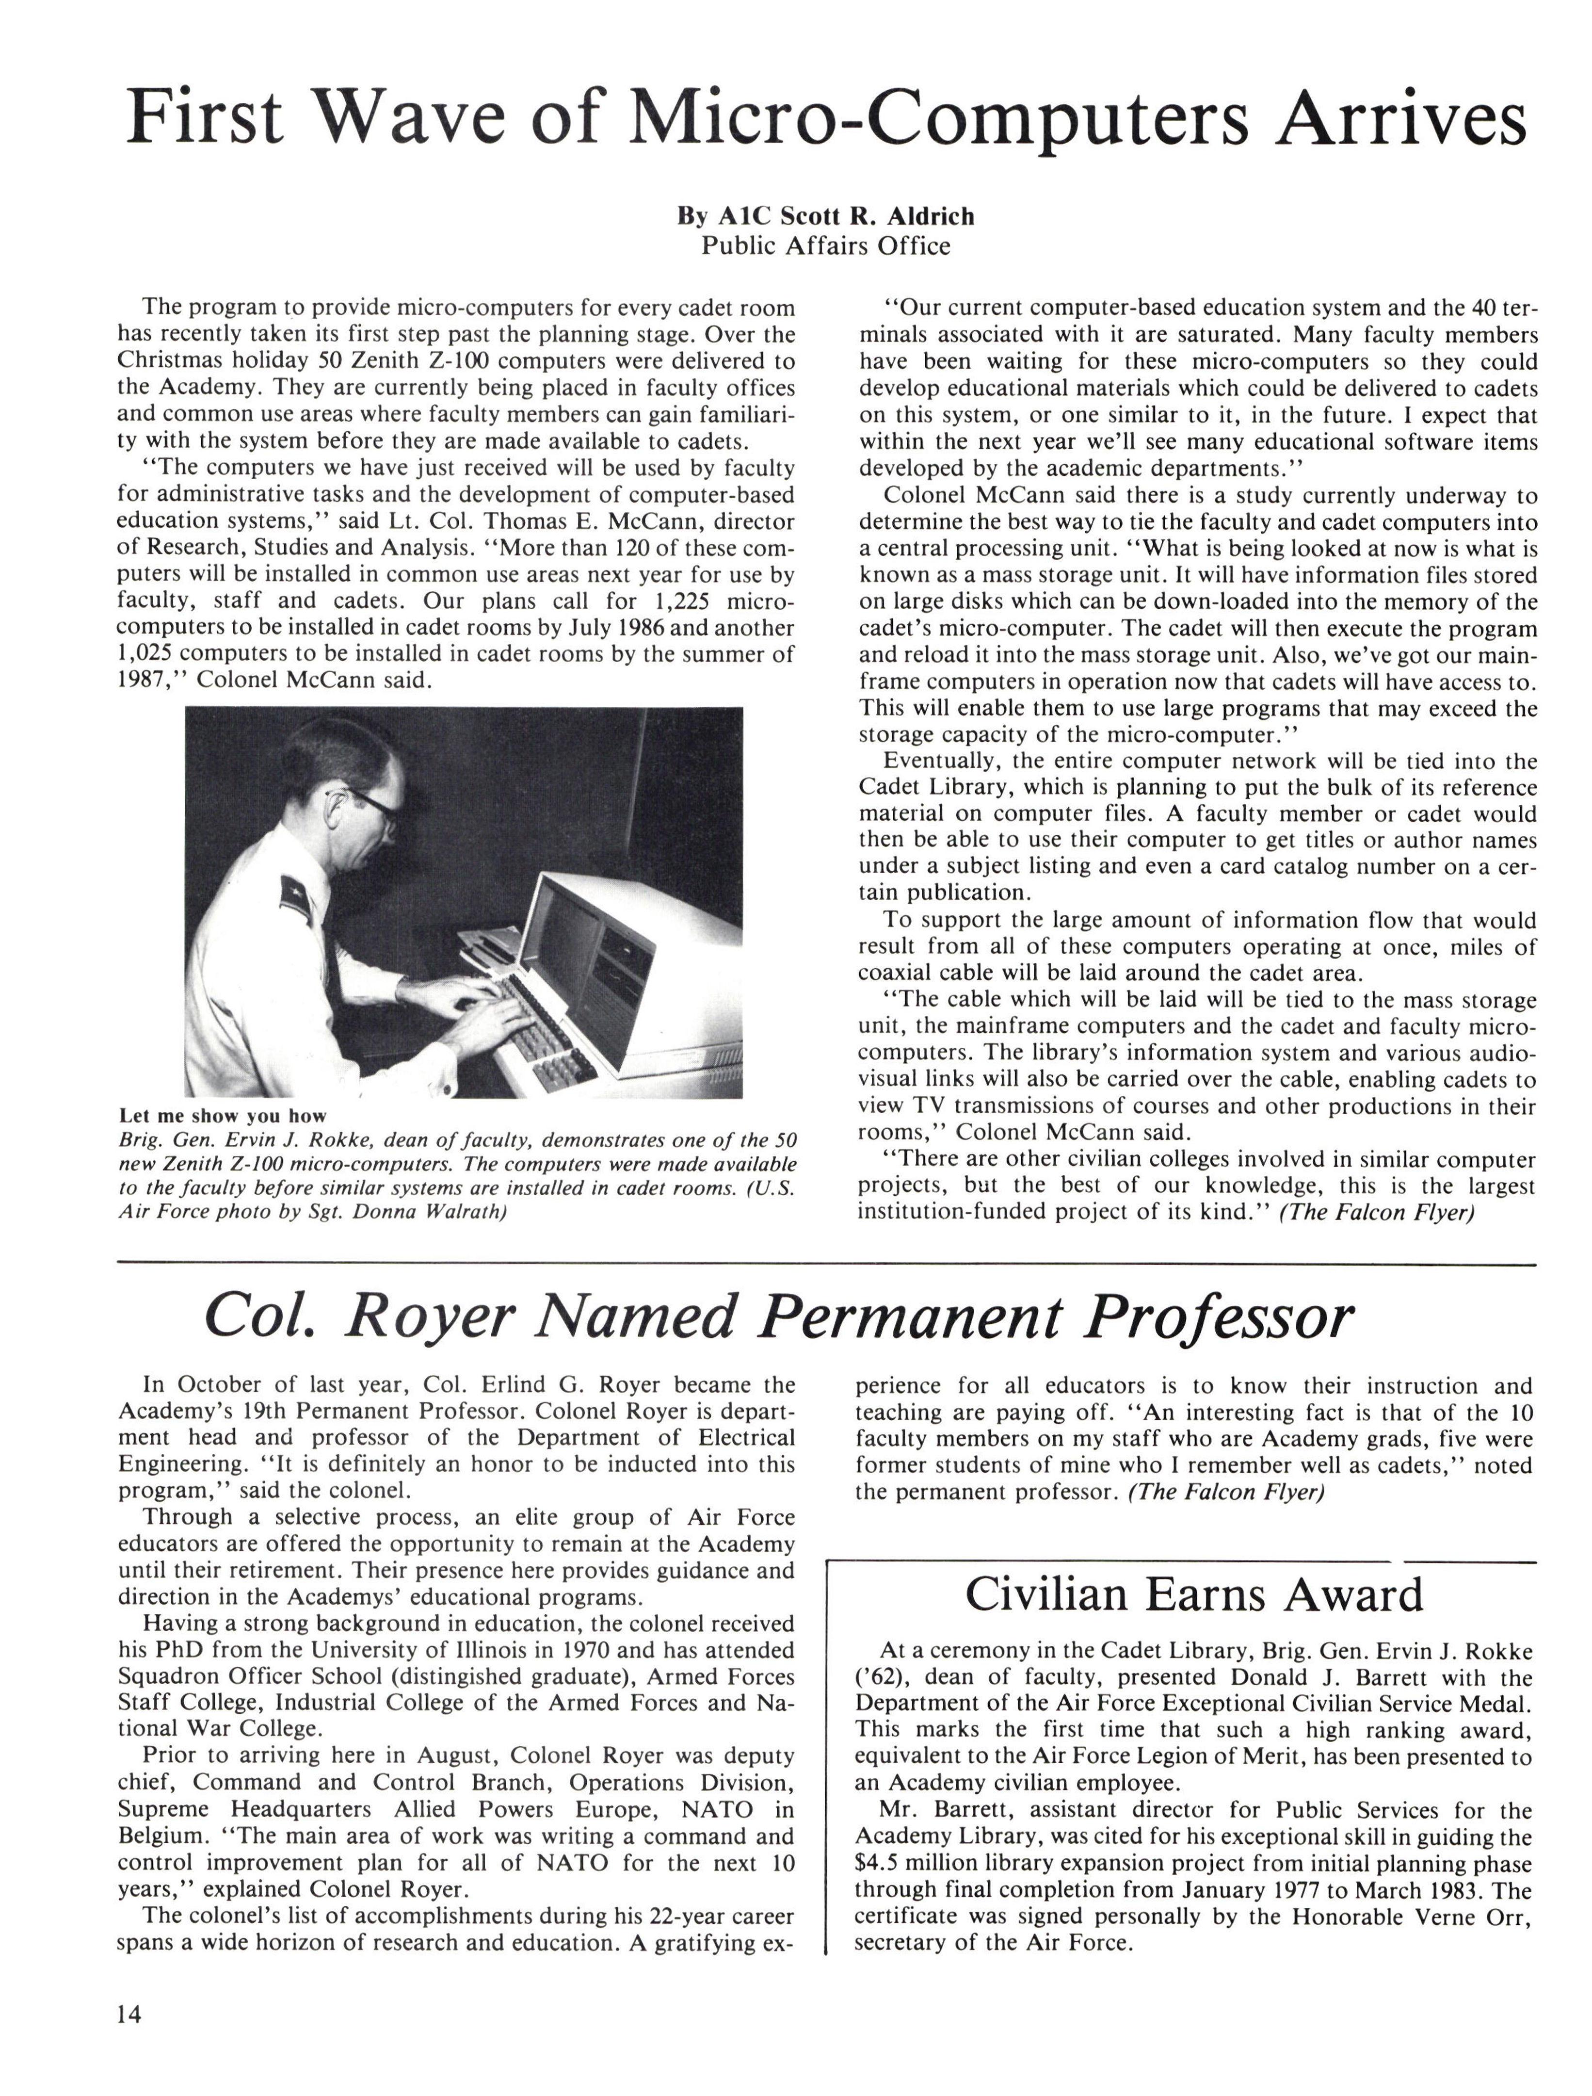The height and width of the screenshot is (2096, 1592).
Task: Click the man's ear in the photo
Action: tap(338, 812)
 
